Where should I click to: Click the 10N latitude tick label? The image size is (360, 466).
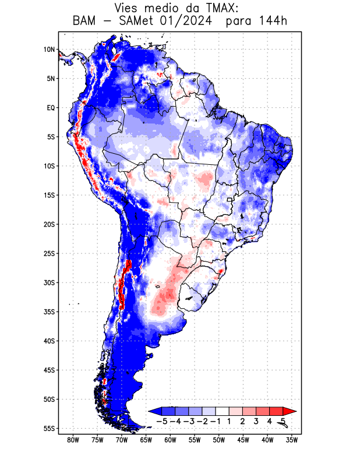click(49, 50)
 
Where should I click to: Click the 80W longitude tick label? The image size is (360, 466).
click(73, 440)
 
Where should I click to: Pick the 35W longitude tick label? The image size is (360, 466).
click(292, 440)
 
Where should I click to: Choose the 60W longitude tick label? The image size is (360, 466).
click(171, 440)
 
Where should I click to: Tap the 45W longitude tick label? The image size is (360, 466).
click(243, 440)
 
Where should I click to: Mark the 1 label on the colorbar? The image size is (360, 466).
click(230, 421)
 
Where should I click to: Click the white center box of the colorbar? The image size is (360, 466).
click(223, 411)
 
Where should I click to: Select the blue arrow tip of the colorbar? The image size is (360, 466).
click(153, 411)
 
